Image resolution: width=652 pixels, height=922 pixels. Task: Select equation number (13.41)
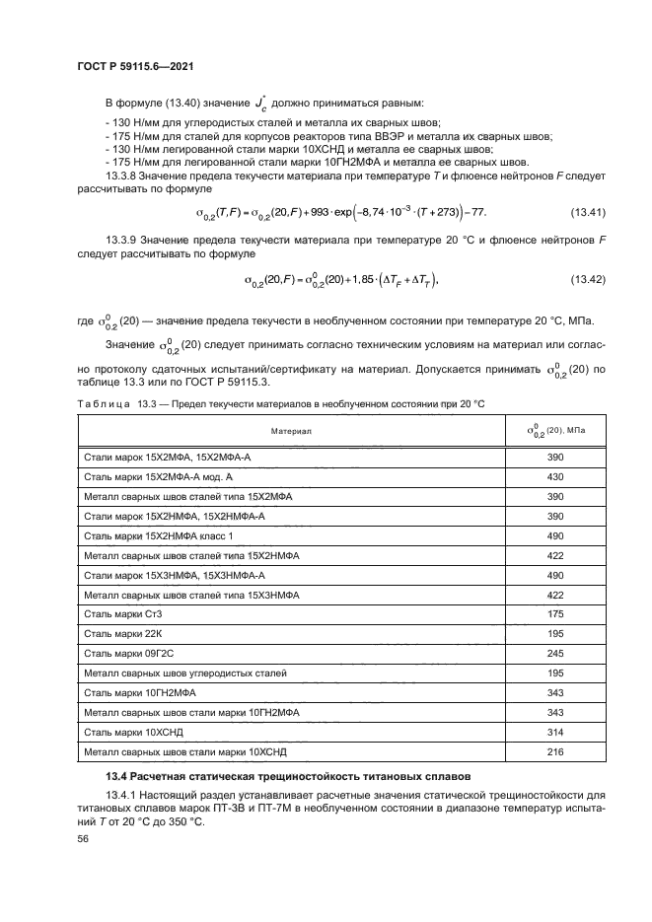[x=588, y=213]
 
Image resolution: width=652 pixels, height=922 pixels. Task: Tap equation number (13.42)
[x=588, y=280]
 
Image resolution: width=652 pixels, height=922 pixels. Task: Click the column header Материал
[x=292, y=431]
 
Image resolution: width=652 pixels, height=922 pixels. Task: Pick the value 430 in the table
[x=554, y=476]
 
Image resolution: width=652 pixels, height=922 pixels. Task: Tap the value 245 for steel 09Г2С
[x=554, y=653]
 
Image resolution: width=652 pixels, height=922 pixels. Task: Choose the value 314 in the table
[x=554, y=732]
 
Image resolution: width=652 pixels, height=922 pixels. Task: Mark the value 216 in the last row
[x=554, y=751]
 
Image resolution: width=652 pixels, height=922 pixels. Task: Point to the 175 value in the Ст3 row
[x=554, y=613]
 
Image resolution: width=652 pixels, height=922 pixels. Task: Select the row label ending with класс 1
[x=159, y=535]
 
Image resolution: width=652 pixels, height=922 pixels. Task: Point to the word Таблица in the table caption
[x=99, y=405]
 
